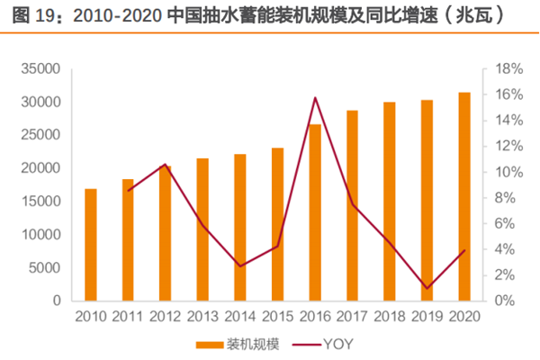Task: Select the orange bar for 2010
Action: pyautogui.click(x=91, y=245)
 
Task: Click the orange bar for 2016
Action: pyautogui.click(x=315, y=212)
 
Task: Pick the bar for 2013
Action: pyautogui.click(x=202, y=229)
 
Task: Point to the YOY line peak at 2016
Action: pyautogui.click(x=315, y=97)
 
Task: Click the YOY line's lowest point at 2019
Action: pyautogui.click(x=427, y=288)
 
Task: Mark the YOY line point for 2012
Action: pyautogui.click(x=166, y=165)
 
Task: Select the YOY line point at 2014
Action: pyautogui.click(x=240, y=266)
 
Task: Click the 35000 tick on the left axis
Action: pyautogui.click(x=40, y=69)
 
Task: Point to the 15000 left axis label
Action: pyautogui.click(x=40, y=202)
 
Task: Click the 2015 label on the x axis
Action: pyautogui.click(x=277, y=316)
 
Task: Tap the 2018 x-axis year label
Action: pyautogui.click(x=390, y=316)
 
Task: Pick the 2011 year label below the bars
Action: pyautogui.click(x=128, y=316)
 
